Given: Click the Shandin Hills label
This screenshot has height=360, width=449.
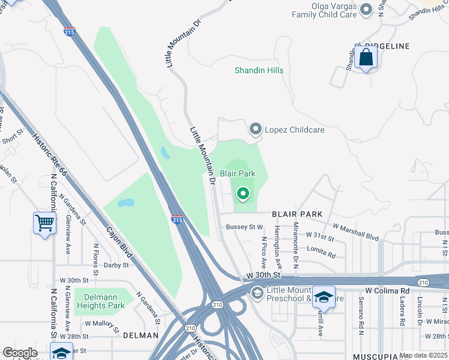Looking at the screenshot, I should (x=259, y=70).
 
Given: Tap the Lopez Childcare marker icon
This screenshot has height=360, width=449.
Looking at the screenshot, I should (x=256, y=129).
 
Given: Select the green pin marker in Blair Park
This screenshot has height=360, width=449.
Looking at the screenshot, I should (x=243, y=193).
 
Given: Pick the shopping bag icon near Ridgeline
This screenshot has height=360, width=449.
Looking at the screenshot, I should (x=365, y=58).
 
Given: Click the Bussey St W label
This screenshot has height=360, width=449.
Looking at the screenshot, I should (x=244, y=227).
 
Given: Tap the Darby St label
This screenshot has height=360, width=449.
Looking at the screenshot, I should (x=116, y=265).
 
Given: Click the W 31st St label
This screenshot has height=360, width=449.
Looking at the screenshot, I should (x=319, y=236).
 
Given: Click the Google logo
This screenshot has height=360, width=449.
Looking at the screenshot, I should (x=20, y=353).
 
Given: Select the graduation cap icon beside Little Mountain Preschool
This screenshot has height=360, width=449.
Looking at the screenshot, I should (x=324, y=296).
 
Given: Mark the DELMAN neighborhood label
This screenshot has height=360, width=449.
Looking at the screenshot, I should (x=140, y=336).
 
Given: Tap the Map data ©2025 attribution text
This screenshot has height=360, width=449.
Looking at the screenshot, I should (x=423, y=355).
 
